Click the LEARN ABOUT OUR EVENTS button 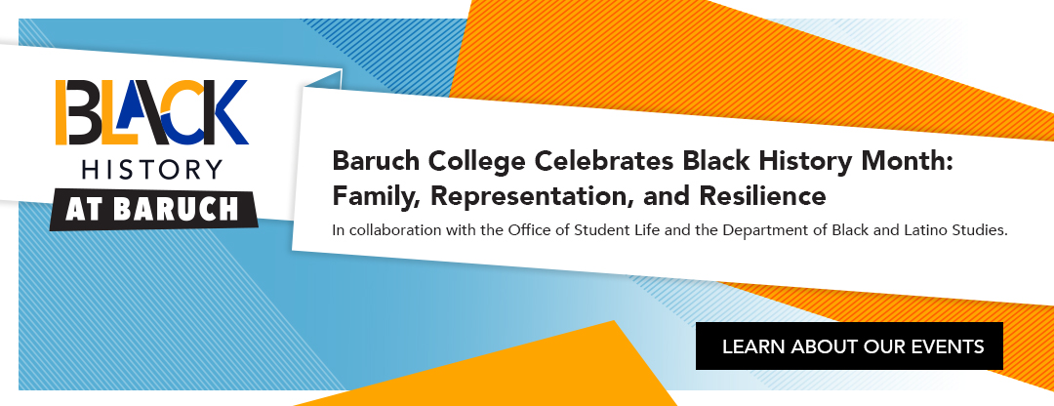(849, 346)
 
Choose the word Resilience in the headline (762, 195)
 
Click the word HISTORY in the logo (152, 170)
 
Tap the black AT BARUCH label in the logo (152, 211)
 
